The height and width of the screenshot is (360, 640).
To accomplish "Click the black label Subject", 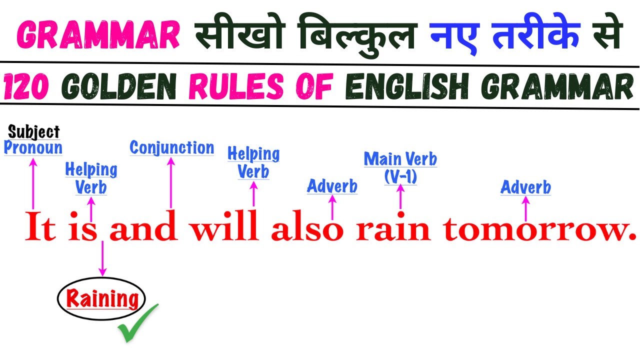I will pyautogui.click(x=33, y=132).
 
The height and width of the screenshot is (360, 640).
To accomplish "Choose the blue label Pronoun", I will pyautogui.click(x=33, y=147).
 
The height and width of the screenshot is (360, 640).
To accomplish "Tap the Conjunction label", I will pyautogui.click(x=171, y=147).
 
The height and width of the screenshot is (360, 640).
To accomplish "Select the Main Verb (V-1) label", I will pyautogui.click(x=400, y=167).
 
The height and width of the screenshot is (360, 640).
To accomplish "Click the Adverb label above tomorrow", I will pyautogui.click(x=525, y=187).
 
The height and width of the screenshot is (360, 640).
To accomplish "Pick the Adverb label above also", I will pyautogui.click(x=332, y=186).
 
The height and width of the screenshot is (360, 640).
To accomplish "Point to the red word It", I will pyautogui.click(x=40, y=228).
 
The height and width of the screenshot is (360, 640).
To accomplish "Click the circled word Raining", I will pyautogui.click(x=102, y=299).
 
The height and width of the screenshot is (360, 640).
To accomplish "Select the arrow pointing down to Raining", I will pyautogui.click(x=102, y=257).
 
